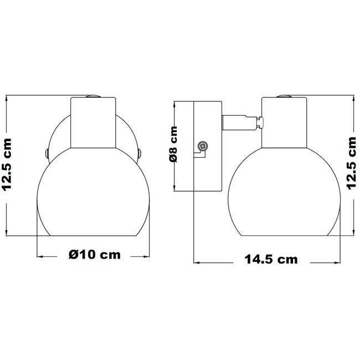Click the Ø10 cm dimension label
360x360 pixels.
[x=95, y=255]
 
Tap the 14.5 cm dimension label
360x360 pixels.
[x=271, y=259]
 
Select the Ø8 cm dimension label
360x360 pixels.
[x=173, y=144]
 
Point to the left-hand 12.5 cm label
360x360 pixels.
[x=7, y=164]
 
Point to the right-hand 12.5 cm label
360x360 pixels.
[x=352, y=163]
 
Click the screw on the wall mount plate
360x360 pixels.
[x=203, y=146]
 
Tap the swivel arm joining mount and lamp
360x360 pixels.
[x=240, y=122]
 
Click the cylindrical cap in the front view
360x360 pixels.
[x=93, y=122]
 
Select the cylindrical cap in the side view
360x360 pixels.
[x=284, y=122]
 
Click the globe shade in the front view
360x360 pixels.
[x=93, y=192]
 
